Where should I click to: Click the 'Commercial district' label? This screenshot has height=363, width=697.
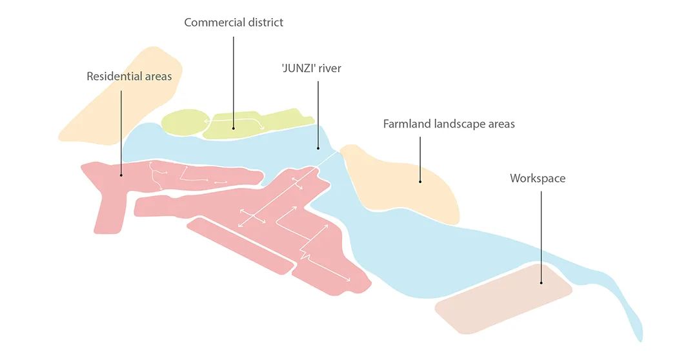tap(234, 23)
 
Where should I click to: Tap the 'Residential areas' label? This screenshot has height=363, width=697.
tap(129, 77)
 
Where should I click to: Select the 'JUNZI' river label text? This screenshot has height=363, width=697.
tap(311, 68)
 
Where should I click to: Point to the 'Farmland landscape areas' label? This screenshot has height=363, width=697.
tap(449, 124)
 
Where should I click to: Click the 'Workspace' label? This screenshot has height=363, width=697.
tap(537, 179)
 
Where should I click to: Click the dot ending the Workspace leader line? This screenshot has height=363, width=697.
tap(541, 282)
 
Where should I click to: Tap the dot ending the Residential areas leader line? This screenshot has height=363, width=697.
tap(121, 175)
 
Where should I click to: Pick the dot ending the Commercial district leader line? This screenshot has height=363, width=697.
tap(234, 127)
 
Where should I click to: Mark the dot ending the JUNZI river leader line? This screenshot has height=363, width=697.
tap(318, 148)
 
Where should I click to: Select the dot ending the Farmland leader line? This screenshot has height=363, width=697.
tap(420, 181)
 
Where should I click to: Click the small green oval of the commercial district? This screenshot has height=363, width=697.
tap(181, 122)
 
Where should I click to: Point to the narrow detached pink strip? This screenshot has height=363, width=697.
tap(239, 245)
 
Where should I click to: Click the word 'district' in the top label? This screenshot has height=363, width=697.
tap(263, 23)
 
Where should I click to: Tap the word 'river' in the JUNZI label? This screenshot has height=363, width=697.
tap(329, 68)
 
